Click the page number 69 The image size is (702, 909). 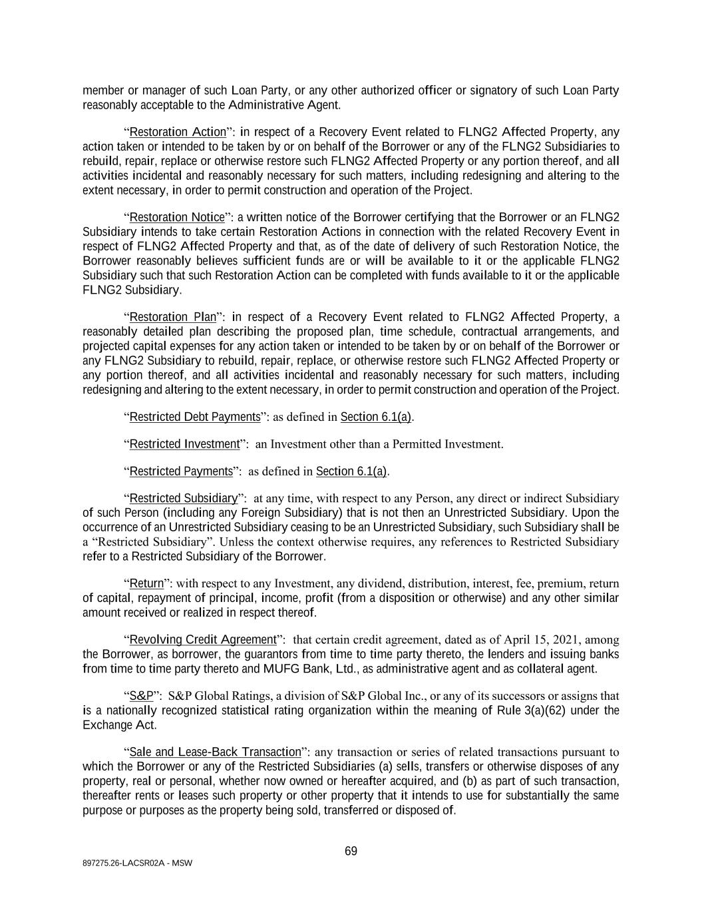351,851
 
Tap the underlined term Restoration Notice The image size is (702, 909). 176,217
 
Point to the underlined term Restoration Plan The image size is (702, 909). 172,317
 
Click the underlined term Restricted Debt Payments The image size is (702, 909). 194,417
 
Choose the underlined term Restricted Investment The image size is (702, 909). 184,444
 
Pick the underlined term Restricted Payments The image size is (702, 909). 180,471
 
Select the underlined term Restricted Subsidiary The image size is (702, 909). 183,498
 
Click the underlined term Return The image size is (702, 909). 146,583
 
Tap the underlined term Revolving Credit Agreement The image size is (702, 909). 202,640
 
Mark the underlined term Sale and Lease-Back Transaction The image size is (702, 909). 215,753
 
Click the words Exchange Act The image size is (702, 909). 118,725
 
